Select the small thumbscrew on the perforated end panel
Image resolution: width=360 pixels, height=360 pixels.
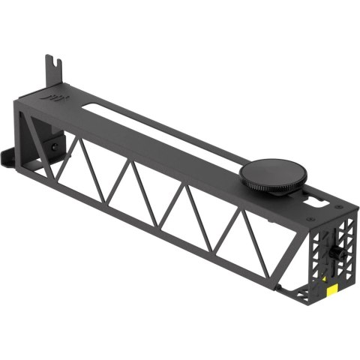pos(335,252)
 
